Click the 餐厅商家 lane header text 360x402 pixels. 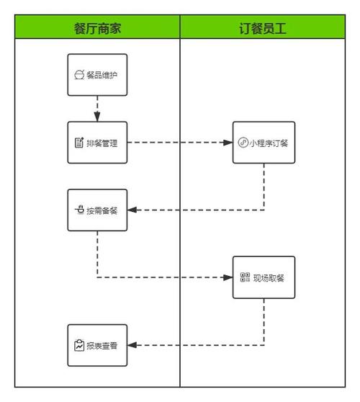[x=97, y=28]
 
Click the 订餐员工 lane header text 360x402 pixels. [x=263, y=28]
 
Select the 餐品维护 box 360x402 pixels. [x=97, y=75]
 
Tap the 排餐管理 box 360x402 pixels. [x=97, y=143]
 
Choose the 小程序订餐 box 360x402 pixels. [x=264, y=143]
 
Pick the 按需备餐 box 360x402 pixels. [x=97, y=210]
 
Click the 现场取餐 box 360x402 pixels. [x=264, y=277]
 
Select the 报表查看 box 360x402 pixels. [x=97, y=345]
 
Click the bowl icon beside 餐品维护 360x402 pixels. [x=79, y=75]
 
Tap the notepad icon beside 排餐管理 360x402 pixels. [x=79, y=143]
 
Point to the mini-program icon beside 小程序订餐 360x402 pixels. [x=243, y=143]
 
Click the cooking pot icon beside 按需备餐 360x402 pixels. [x=79, y=210]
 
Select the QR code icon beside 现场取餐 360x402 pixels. [x=245, y=277]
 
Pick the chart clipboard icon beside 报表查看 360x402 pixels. [x=79, y=345]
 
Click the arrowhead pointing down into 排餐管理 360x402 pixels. [x=97, y=117]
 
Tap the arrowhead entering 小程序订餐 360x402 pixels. [x=228, y=143]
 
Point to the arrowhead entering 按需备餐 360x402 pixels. [x=132, y=210]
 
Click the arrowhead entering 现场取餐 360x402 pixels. [x=228, y=277]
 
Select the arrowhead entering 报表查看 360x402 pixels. [x=132, y=345]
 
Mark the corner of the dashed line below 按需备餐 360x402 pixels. [x=97, y=277]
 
